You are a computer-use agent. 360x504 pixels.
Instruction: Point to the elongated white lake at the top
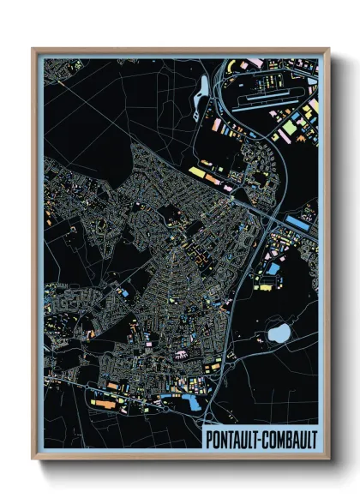coord(203,89)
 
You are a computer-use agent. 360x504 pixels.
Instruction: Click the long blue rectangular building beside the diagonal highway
coord(299,222)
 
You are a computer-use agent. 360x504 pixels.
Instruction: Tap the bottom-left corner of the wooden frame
coord(33,460)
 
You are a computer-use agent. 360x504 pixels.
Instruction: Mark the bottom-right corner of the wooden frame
coord(328,460)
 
